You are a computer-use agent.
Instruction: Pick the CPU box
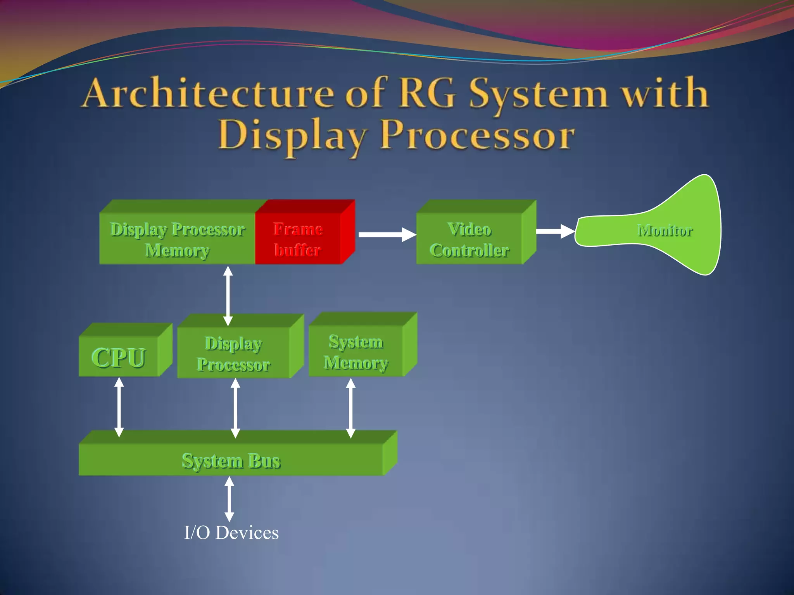point(119,357)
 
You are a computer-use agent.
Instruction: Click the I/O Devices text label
point(231,533)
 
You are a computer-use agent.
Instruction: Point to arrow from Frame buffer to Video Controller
point(387,234)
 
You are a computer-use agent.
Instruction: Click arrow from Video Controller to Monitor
point(554,231)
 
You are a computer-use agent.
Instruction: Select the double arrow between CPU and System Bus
point(119,407)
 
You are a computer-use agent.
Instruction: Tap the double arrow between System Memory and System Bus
point(350,408)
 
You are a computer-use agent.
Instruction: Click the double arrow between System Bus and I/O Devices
point(230,499)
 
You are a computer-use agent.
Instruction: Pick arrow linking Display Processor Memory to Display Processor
point(228,295)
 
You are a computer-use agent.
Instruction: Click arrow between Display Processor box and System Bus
point(235,408)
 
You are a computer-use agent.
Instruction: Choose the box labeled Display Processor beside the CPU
point(233,354)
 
